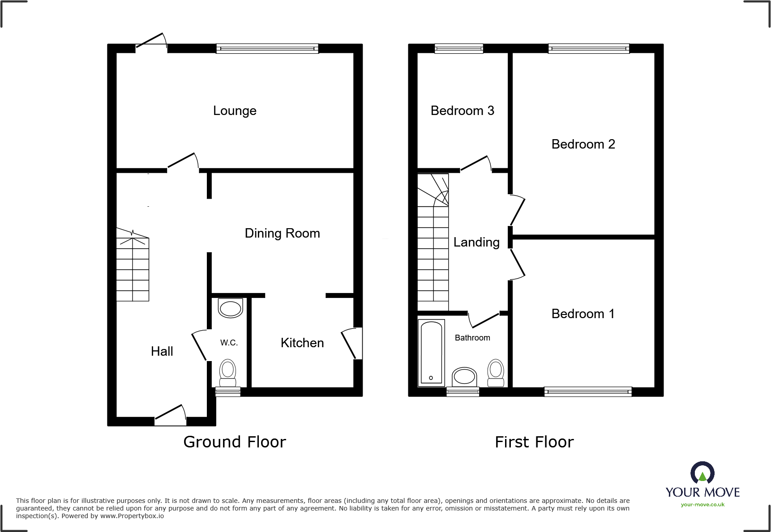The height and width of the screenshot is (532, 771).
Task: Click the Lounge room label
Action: pos(235,111)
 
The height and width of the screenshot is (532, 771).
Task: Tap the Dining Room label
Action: pos(282,233)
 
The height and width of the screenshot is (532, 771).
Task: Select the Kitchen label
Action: pos(302,343)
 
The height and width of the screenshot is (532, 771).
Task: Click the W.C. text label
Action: pos(229,343)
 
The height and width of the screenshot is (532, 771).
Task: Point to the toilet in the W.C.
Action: pos(228,373)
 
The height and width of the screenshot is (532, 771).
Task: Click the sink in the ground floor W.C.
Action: pos(230,308)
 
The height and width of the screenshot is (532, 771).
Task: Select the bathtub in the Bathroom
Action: pos(431,353)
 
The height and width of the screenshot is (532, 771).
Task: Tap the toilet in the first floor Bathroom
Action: pos(496,373)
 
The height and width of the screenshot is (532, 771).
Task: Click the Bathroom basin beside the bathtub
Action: pos(464,377)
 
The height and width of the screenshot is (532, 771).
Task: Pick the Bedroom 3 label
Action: pos(462,111)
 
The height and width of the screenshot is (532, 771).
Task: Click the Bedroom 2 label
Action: pos(583,144)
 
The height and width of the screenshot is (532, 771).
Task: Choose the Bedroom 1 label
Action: pos(583,314)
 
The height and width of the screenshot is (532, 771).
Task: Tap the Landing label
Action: pos(476,242)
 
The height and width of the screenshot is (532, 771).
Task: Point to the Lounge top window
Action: pos(267,48)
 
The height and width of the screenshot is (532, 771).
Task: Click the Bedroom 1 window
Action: pos(588,392)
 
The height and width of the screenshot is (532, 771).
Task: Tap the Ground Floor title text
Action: pos(235,442)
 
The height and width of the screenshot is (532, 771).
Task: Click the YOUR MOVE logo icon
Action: pos(702,473)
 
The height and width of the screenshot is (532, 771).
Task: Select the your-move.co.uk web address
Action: pos(702,505)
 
